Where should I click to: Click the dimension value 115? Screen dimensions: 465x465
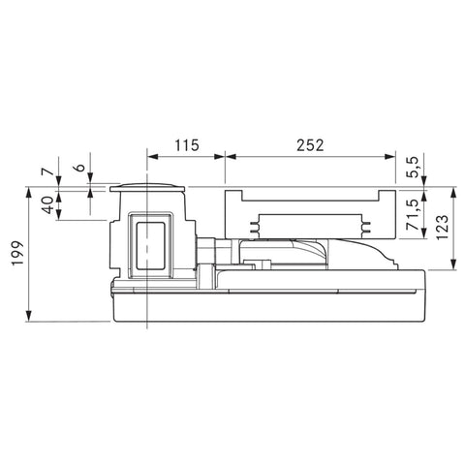click(x=187, y=145)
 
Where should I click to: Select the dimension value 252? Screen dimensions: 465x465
click(x=310, y=145)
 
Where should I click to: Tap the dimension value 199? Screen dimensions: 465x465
click(x=18, y=253)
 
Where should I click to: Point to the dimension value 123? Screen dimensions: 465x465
click(x=442, y=227)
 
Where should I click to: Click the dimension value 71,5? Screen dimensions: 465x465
click(x=414, y=215)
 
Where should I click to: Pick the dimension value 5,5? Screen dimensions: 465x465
click(x=414, y=167)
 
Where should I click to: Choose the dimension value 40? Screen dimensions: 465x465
click(x=48, y=205)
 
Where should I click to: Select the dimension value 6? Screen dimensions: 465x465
click(x=80, y=168)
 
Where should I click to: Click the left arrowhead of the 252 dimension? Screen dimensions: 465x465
click(x=231, y=157)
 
